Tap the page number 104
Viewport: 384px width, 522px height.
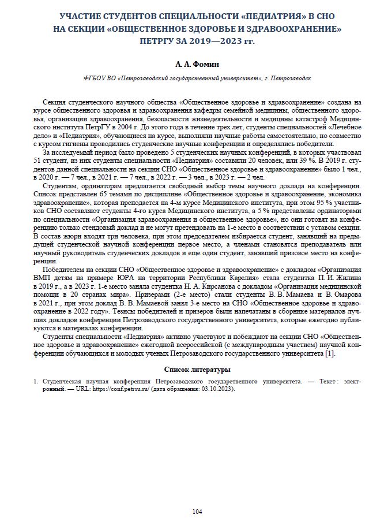(x=197, y=512)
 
